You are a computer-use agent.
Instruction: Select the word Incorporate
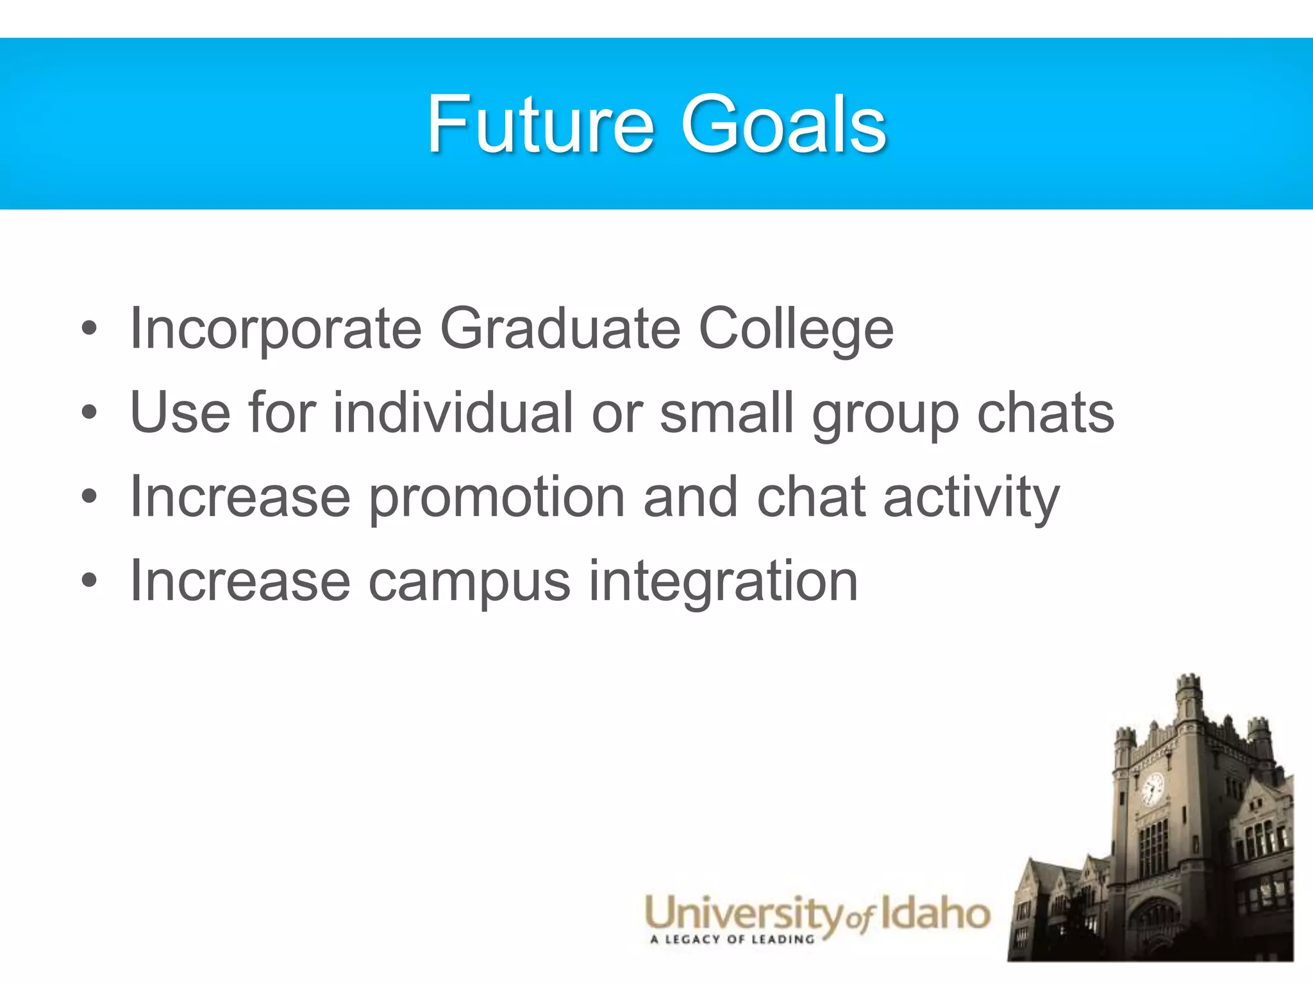coord(276,329)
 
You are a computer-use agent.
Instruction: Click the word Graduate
coord(560,329)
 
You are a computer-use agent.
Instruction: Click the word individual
coord(453,412)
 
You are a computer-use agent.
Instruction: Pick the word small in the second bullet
coord(727,412)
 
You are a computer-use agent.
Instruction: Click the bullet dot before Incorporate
coord(90,329)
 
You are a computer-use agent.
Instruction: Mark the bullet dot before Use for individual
coord(90,413)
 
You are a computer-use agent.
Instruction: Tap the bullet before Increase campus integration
coord(90,581)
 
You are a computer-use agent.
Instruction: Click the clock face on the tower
coord(1152,787)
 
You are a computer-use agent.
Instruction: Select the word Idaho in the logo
coord(935,914)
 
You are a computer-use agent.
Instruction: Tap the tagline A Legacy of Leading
coord(732,940)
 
